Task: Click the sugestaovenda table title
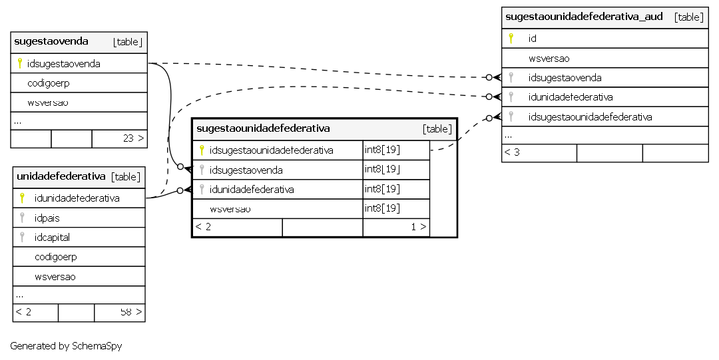[x=51, y=41]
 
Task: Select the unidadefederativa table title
[x=61, y=176]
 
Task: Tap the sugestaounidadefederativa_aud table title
[x=584, y=17]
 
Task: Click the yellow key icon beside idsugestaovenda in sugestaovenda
[x=20, y=63]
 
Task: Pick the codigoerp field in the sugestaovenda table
[x=49, y=83]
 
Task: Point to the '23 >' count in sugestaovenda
[x=133, y=138]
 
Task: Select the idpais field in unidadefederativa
[x=47, y=218]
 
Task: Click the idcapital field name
[x=53, y=237]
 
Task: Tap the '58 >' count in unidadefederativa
[x=131, y=312]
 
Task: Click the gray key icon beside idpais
[x=22, y=218]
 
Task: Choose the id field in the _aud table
[x=533, y=39]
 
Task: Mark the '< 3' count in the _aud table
[x=512, y=152]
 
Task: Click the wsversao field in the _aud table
[x=549, y=59]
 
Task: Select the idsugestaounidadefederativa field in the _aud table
[x=590, y=117]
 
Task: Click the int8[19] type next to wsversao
[x=382, y=208]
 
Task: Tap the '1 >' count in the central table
[x=419, y=226]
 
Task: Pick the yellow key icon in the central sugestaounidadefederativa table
[x=202, y=150]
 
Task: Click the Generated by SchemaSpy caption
[x=66, y=346]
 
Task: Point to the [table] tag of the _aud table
[x=689, y=17]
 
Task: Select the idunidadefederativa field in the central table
[x=252, y=190]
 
